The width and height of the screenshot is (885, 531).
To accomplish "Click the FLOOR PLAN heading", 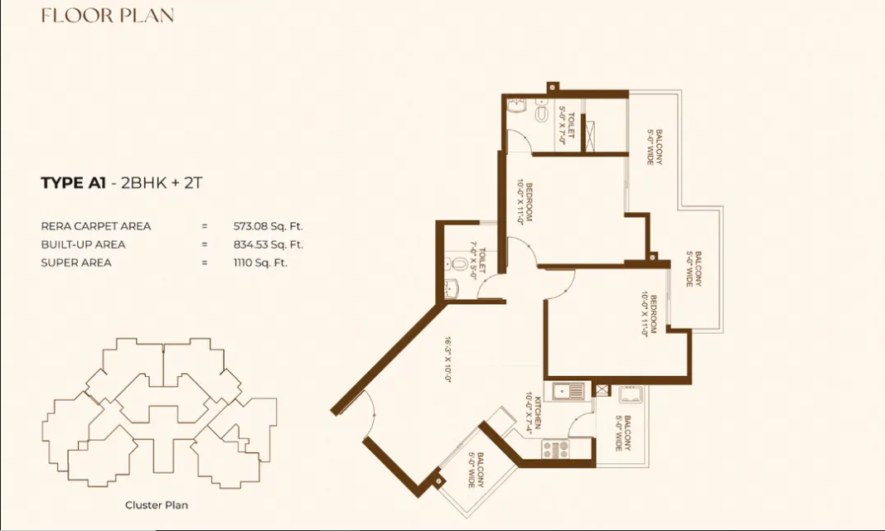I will pos(108,16).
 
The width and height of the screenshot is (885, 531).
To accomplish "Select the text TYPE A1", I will pos(73,184).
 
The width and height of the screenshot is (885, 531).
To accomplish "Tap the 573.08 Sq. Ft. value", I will pos(268,225).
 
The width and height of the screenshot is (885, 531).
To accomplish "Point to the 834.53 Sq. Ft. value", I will pos(268,244).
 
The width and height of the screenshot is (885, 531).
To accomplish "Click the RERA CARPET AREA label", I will pos(96,225).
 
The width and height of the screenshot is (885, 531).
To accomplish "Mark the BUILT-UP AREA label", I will pos(83,244).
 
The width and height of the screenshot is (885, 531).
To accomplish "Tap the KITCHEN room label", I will pos(538,413).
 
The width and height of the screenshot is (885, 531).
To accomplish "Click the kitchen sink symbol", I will pos(568,390).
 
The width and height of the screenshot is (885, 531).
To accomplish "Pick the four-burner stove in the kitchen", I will pos(555,449).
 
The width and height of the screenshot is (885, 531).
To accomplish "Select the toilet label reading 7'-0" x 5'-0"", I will pos(478,261).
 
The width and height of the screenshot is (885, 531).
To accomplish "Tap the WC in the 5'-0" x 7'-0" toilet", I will pos(541,112).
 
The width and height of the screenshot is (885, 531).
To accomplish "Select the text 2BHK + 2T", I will pos(162,184).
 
